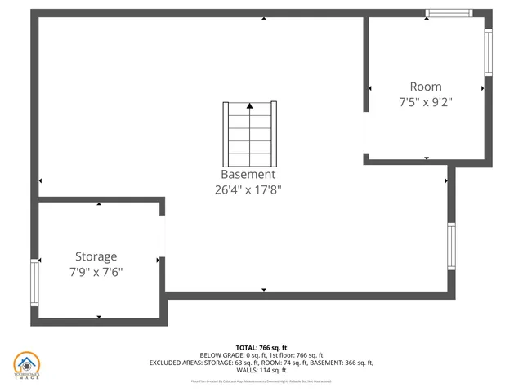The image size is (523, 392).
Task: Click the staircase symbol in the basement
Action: tap(249, 132)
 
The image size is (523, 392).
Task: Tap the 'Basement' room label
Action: tap(248, 175)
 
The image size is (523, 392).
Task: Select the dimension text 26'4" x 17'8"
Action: tap(248, 189)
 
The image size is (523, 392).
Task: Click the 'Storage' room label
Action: tap(96, 256)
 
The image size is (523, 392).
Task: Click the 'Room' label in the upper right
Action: tap(426, 87)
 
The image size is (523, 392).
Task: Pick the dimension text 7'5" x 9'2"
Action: tap(426, 102)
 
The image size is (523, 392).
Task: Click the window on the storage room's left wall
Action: tap(35, 283)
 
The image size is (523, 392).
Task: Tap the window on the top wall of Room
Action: tap(449, 13)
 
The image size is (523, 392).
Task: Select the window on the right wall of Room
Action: tap(489, 54)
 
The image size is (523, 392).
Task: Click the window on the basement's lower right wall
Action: tap(451, 246)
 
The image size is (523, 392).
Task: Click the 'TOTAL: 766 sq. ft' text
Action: tap(261, 348)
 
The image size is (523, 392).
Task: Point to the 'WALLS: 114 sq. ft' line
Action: tap(261, 370)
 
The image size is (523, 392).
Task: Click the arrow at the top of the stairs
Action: tap(249, 105)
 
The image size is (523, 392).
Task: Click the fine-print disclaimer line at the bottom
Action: tap(261, 381)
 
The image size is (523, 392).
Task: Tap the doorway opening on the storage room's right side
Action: tap(163, 237)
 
